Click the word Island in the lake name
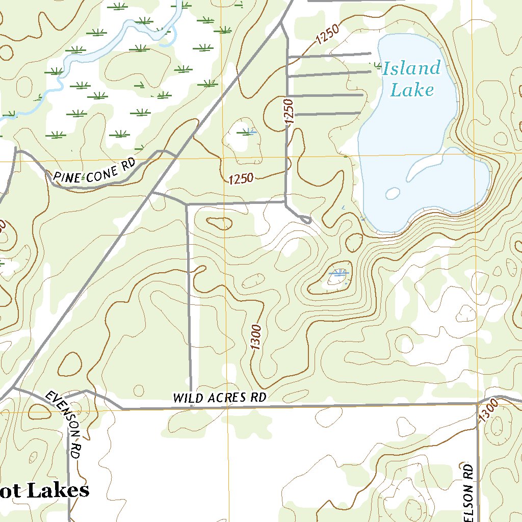point(411,69)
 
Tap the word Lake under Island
point(412,90)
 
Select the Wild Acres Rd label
point(220,398)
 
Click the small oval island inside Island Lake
point(393,193)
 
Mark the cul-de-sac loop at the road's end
point(306,220)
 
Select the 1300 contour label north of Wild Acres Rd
point(256,337)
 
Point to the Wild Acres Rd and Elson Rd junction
point(478,404)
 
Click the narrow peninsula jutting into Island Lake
point(426,166)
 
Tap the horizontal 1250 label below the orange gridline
point(242,178)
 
